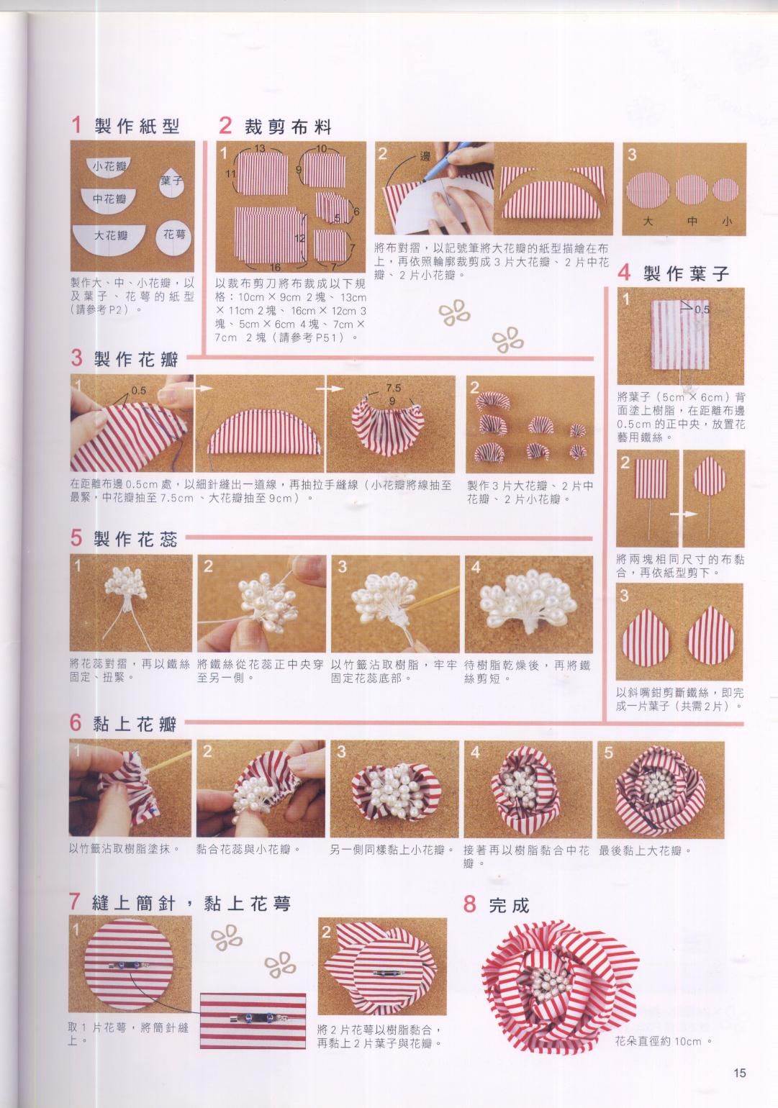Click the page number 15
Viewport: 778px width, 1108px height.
click(739, 1073)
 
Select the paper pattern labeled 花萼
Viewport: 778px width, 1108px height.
click(174, 237)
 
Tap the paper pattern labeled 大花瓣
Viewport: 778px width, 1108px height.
click(110, 237)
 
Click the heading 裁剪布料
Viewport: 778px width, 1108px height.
click(288, 127)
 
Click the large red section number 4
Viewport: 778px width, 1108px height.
click(624, 273)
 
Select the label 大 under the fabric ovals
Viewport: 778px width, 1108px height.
click(647, 221)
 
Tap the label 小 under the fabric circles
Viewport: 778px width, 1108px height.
click(726, 221)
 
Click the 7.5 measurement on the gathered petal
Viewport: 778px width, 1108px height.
click(394, 389)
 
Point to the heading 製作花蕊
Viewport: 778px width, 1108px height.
click(135, 538)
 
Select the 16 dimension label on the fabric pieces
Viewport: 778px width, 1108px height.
click(275, 267)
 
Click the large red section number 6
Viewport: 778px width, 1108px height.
click(76, 722)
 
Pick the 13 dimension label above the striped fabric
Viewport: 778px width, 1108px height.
click(259, 148)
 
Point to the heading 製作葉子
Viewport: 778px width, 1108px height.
click(686, 273)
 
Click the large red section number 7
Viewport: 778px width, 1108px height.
click(74, 902)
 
